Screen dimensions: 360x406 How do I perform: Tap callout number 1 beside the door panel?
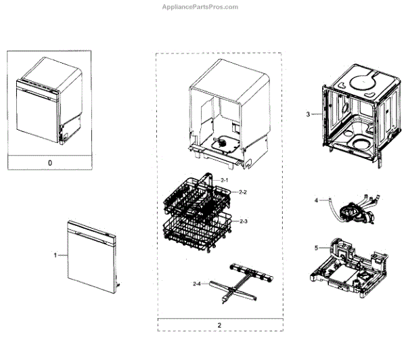pyautogui.click(x=56, y=255)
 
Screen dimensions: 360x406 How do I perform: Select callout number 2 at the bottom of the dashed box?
pyautogui.click(x=219, y=324)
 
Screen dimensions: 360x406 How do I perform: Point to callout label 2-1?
pyautogui.click(x=225, y=179)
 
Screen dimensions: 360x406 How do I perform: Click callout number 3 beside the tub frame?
pyautogui.click(x=308, y=114)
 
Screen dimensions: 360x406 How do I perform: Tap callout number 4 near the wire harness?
pyautogui.click(x=316, y=201)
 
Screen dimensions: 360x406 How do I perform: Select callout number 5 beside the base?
pyautogui.click(x=316, y=248)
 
